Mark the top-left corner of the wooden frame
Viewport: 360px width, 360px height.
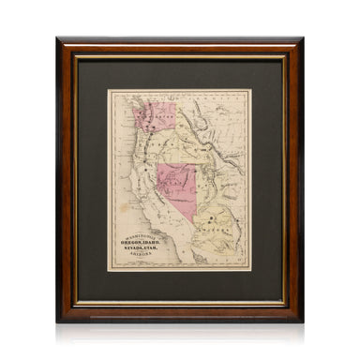tap(58, 39)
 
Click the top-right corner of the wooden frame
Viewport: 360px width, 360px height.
tap(302, 39)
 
